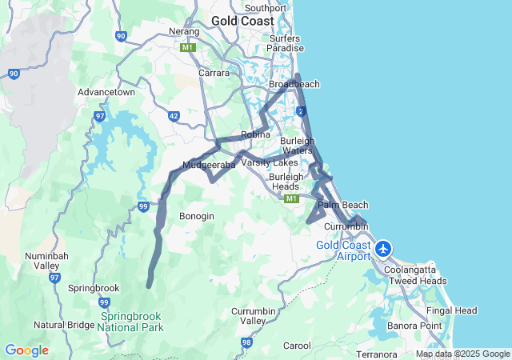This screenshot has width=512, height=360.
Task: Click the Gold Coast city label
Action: [x=242, y=21]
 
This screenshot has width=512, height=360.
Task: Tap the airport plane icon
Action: [x=384, y=249]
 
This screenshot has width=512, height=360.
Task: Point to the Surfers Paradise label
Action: [x=286, y=43]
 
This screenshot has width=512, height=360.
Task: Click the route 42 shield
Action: [x=174, y=116]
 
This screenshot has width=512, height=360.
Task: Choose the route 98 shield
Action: [x=246, y=342]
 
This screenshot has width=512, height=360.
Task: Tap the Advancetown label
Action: [x=106, y=92]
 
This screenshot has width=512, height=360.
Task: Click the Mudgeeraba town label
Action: [x=209, y=166]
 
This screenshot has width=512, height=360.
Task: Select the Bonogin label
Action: [x=197, y=216]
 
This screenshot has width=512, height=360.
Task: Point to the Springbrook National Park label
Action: [x=131, y=322]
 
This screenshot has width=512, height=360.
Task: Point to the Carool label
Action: [x=297, y=346]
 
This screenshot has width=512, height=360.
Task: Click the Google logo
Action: [x=26, y=350]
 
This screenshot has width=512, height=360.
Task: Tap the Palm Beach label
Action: [x=343, y=206]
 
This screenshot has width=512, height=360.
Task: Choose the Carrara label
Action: [x=214, y=73]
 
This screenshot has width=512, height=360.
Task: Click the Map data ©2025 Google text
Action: [x=462, y=354]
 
